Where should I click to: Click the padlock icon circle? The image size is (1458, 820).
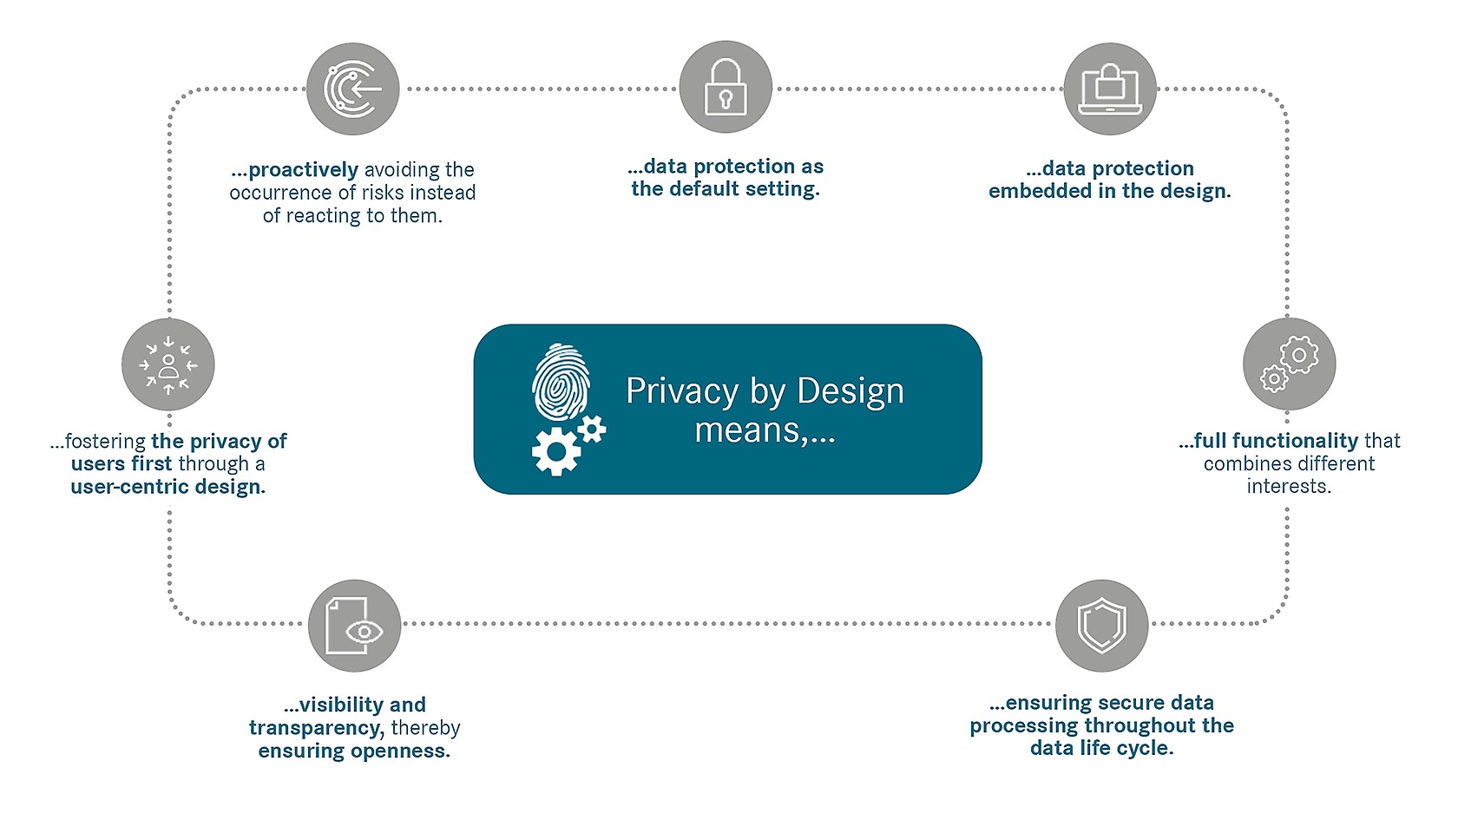(726, 87)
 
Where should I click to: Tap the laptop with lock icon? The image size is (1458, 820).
(1110, 89)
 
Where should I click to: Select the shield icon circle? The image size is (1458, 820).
(1102, 626)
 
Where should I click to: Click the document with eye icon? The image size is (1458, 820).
(355, 626)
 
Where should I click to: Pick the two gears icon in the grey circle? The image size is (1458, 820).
(1290, 364)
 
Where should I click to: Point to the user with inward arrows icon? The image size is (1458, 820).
(168, 364)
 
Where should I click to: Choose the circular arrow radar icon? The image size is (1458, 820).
(352, 89)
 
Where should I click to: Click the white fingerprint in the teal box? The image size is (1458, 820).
(561, 382)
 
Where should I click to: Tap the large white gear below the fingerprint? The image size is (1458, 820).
(555, 451)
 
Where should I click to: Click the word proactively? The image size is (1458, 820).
(304, 170)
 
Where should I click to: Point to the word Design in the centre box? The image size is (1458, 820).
(850, 391)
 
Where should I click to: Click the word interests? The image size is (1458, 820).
(1289, 486)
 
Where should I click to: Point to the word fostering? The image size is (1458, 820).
(106, 442)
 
